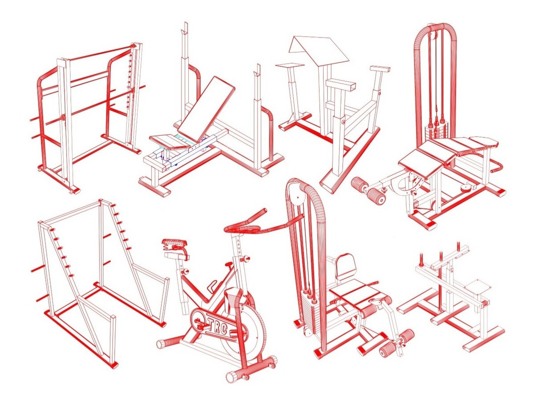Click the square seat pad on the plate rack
[477, 288]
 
